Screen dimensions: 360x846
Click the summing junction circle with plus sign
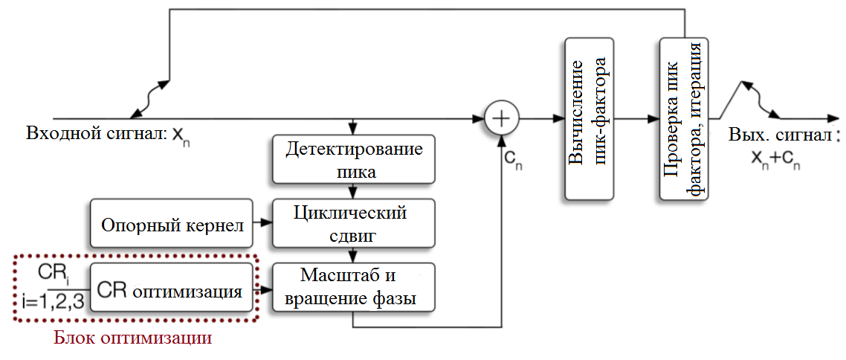[502, 118]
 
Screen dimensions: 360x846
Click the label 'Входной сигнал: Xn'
[112, 134]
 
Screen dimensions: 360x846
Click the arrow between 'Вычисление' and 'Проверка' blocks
[637, 118]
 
